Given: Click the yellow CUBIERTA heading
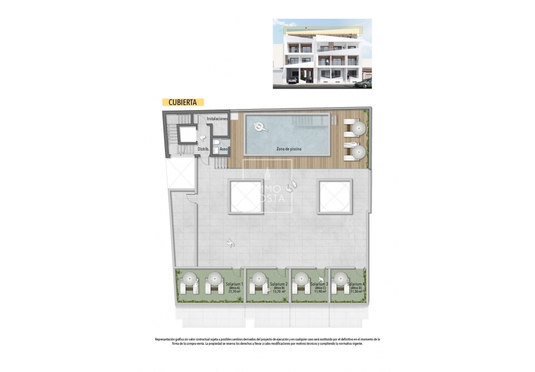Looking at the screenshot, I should point(183,102).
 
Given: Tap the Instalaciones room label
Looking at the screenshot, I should point(217,119).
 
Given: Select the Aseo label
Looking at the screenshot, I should point(223,149).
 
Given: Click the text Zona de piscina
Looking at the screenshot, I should point(289,149).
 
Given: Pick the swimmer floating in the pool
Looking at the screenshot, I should point(261,127).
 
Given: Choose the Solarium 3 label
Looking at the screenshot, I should point(320,284).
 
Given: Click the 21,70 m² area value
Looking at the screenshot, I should point(234,292).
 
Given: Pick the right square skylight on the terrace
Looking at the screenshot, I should point(335,197).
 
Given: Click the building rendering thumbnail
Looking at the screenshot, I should point(322,54).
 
